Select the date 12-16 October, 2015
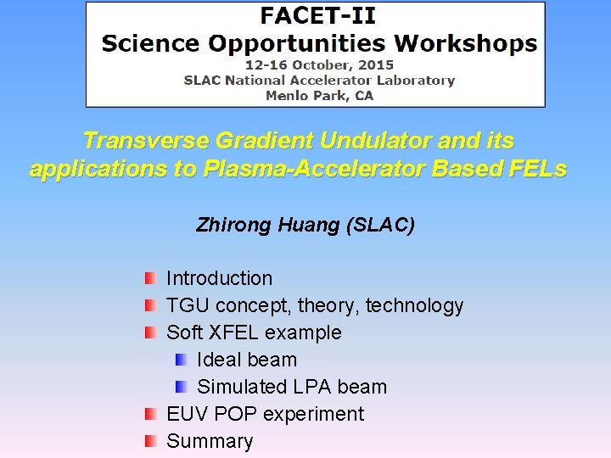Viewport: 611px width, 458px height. point(319,64)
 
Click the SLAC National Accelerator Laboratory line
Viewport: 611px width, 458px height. point(319,80)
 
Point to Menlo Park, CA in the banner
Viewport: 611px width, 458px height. point(319,95)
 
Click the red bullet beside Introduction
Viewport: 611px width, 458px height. point(150,278)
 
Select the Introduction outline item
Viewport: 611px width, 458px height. point(219,278)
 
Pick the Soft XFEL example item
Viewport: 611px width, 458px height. point(254,332)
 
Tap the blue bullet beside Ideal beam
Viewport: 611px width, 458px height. point(181,360)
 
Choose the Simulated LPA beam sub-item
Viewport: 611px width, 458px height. point(291,387)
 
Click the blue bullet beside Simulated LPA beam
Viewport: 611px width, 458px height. point(181,387)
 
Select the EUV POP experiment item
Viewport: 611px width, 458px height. point(265,414)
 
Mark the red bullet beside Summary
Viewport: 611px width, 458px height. point(150,441)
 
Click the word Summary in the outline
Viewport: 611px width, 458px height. point(210,441)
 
